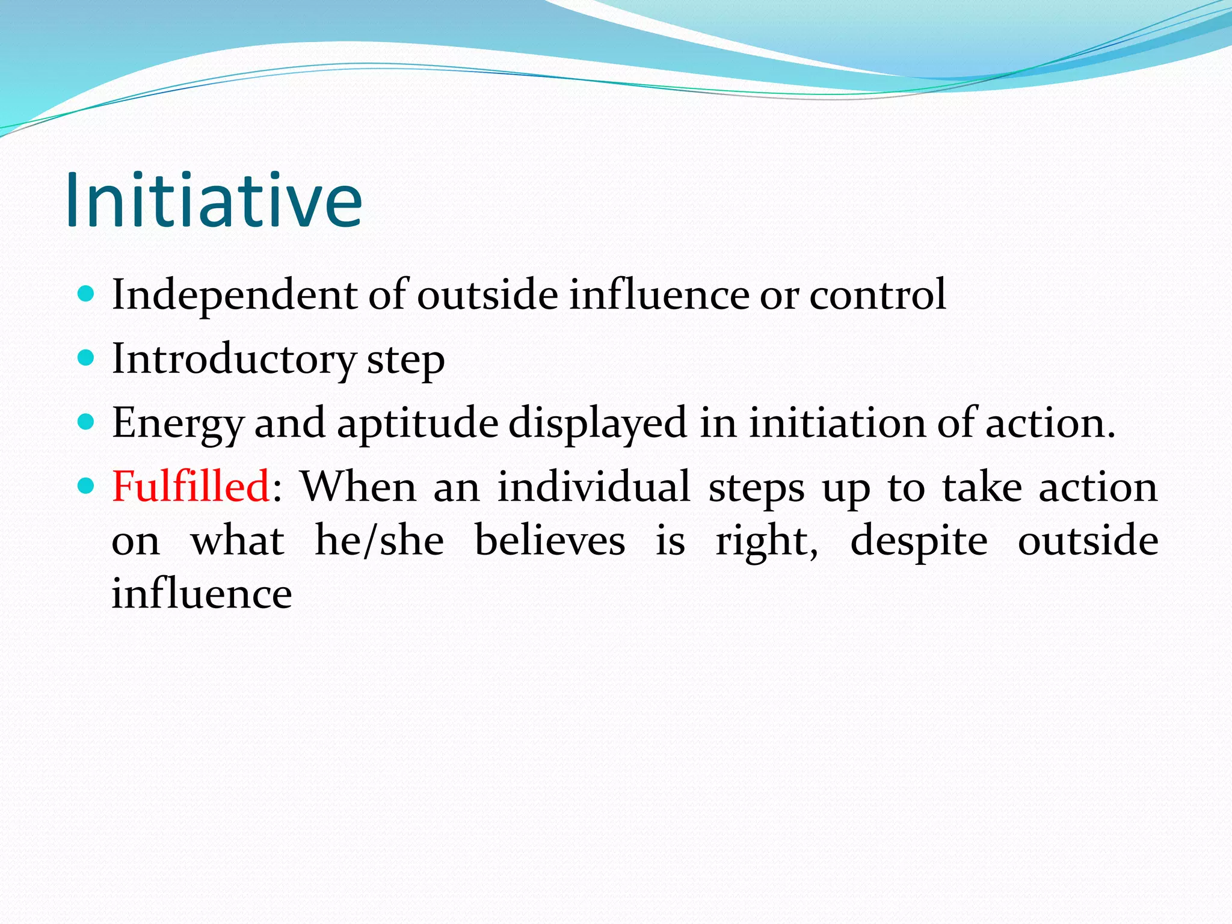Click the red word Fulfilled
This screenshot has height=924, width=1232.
pyautogui.click(x=191, y=486)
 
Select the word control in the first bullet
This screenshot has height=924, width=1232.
pyautogui.click(x=878, y=295)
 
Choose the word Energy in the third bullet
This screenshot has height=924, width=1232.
pyautogui.click(x=177, y=423)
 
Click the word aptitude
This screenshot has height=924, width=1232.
pyautogui.click(x=417, y=423)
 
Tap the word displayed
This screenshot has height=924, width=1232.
pyautogui.click(x=597, y=423)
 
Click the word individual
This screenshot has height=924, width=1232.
pyautogui.click(x=594, y=486)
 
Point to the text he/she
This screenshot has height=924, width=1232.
pyautogui.click(x=380, y=540)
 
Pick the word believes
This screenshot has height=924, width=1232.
pyautogui.click(x=550, y=540)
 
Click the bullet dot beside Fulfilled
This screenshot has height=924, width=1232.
pyautogui.click(x=87, y=485)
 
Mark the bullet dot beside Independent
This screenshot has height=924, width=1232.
pyautogui.click(x=87, y=294)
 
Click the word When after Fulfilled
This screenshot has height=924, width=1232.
pyautogui.click(x=358, y=486)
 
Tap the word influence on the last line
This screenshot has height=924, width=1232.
pyautogui.click(x=202, y=593)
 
